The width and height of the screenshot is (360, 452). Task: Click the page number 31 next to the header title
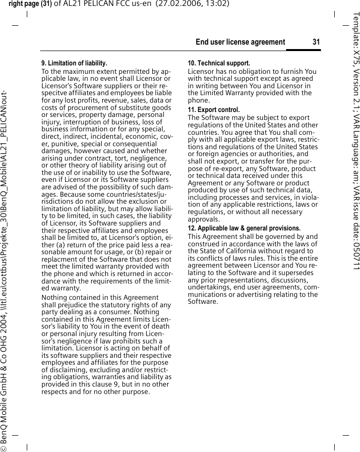316,42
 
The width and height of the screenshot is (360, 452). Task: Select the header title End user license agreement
240,42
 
